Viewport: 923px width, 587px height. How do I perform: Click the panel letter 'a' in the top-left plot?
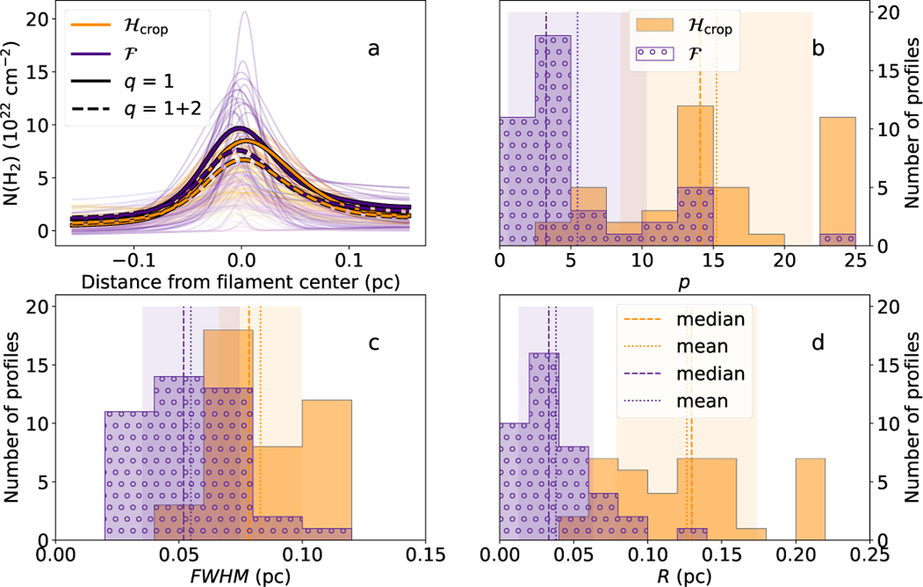(x=374, y=50)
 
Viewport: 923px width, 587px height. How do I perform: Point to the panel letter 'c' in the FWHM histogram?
(x=374, y=343)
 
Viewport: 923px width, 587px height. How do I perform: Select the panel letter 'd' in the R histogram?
(x=818, y=343)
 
